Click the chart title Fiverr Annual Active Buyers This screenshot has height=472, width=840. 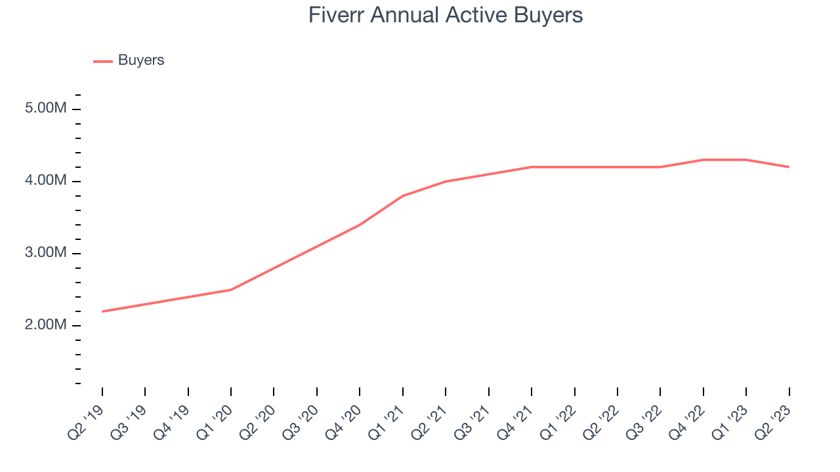pyautogui.click(x=446, y=15)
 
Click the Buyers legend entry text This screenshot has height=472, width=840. pyautogui.click(x=141, y=60)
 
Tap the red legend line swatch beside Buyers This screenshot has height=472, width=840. pyautogui.click(x=103, y=61)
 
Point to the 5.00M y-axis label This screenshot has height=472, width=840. pyautogui.click(x=46, y=108)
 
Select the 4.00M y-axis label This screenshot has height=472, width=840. pyautogui.click(x=46, y=180)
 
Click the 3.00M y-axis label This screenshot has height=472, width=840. pyautogui.click(x=46, y=253)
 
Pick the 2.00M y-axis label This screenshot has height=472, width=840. pyautogui.click(x=46, y=325)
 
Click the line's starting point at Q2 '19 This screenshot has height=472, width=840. pyautogui.click(x=102, y=311)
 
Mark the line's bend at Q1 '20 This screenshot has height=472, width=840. pyautogui.click(x=231, y=290)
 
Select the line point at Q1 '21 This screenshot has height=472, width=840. pyautogui.click(x=403, y=196)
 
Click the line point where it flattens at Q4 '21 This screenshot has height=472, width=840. pyautogui.click(x=532, y=167)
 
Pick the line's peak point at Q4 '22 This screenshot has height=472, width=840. pyautogui.click(x=703, y=160)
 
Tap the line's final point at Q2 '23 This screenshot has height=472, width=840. pyautogui.click(x=789, y=167)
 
